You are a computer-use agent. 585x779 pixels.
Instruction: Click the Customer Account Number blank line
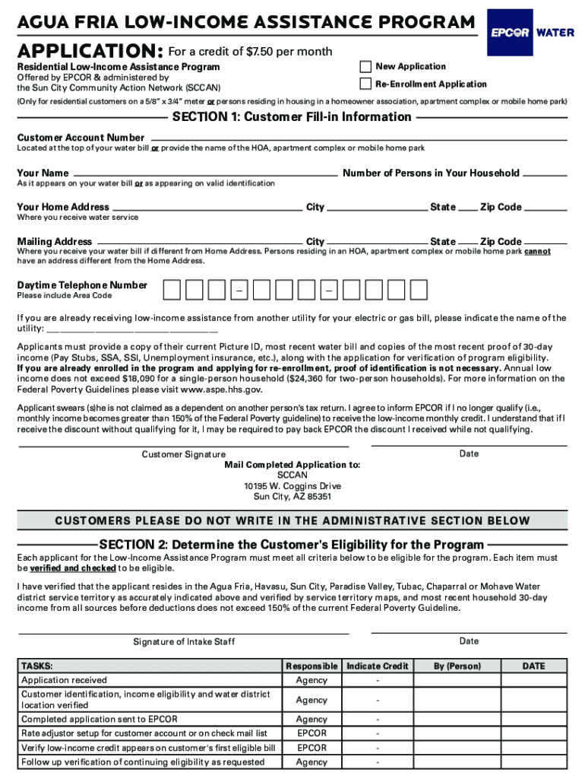[357, 139]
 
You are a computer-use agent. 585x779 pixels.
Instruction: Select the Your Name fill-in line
[205, 174]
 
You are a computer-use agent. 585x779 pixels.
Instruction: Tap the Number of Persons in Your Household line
[545, 174]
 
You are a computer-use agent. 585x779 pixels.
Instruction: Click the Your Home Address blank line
[207, 208]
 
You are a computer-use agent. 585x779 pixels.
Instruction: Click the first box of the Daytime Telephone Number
[172, 290]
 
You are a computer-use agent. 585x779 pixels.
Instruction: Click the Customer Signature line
[183, 444]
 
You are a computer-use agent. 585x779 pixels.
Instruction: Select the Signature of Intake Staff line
[183, 632]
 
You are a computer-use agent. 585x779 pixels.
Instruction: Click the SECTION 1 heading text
[292, 117]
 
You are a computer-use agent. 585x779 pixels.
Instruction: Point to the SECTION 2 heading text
[291, 545]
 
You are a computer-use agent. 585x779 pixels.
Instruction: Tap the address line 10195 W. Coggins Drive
[292, 486]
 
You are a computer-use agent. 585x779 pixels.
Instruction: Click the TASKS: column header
[37, 666]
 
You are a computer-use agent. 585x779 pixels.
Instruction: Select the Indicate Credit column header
[378, 666]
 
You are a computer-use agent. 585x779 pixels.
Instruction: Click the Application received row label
[65, 680]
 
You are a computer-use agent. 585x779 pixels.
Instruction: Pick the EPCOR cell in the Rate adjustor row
[311, 733]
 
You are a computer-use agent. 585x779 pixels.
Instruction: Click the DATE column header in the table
[533, 666]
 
